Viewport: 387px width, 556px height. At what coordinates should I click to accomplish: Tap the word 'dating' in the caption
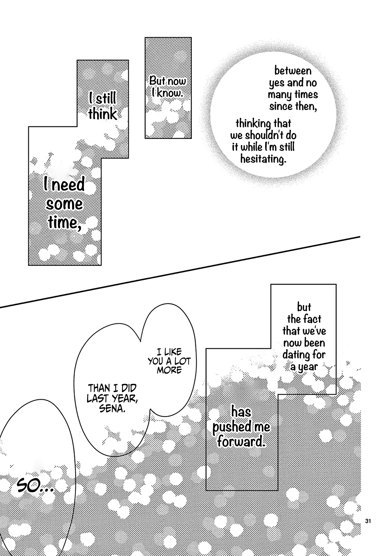[296, 355]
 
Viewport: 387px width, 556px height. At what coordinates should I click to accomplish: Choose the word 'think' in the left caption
[102, 114]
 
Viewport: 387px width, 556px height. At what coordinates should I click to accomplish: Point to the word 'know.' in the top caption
[170, 93]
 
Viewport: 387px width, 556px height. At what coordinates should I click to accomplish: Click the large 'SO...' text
[35, 486]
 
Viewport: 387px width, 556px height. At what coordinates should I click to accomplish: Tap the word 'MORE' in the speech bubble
[169, 370]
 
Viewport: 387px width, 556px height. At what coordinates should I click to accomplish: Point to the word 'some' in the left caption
[64, 204]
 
